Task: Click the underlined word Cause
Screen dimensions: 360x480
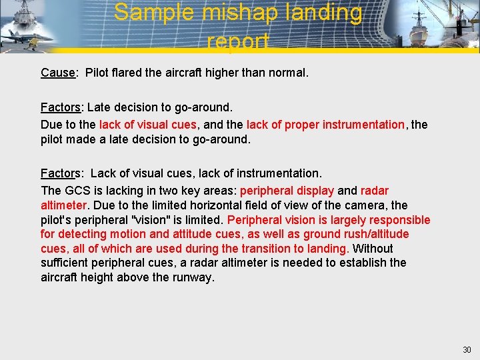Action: [57, 72]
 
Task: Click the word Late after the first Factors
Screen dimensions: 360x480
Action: [99, 107]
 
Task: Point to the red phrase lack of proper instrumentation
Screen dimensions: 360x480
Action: [325, 125]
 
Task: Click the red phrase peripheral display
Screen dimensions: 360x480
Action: [287, 191]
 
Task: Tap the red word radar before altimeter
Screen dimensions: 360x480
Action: [375, 191]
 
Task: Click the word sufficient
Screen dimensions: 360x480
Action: [65, 263]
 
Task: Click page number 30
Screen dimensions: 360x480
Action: [466, 350]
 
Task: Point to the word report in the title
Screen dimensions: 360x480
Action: [239, 41]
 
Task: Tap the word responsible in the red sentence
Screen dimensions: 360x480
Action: [393, 220]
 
